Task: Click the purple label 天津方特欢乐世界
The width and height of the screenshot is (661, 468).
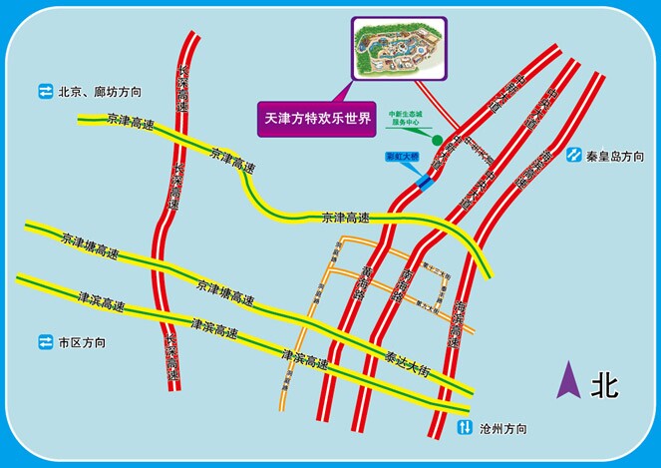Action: coord(315,118)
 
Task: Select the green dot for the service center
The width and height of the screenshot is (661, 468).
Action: coord(436,137)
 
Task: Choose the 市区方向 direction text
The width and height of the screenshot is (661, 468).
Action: coord(82,342)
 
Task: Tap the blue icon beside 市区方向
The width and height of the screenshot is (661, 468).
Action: coord(45,342)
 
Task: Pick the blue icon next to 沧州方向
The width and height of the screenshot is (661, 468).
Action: coord(465,429)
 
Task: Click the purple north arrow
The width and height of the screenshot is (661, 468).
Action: coord(568,382)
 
